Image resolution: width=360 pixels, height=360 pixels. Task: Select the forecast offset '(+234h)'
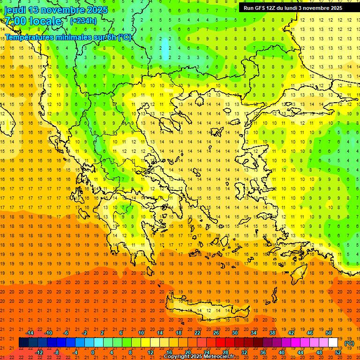click(83, 21)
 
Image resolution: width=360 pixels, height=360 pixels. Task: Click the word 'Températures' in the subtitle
click(28, 37)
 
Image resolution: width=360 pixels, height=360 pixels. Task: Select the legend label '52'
click(338, 352)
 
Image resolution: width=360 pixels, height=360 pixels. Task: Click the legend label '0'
click(93, 352)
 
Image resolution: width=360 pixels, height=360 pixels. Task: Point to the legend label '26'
click(216, 333)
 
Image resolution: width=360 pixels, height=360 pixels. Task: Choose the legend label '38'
click(272, 333)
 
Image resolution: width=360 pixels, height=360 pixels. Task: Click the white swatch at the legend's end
click(333, 343)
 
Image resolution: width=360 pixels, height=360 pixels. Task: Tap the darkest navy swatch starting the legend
click(23, 343)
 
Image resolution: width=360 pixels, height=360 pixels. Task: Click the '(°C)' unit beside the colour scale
click(349, 343)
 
